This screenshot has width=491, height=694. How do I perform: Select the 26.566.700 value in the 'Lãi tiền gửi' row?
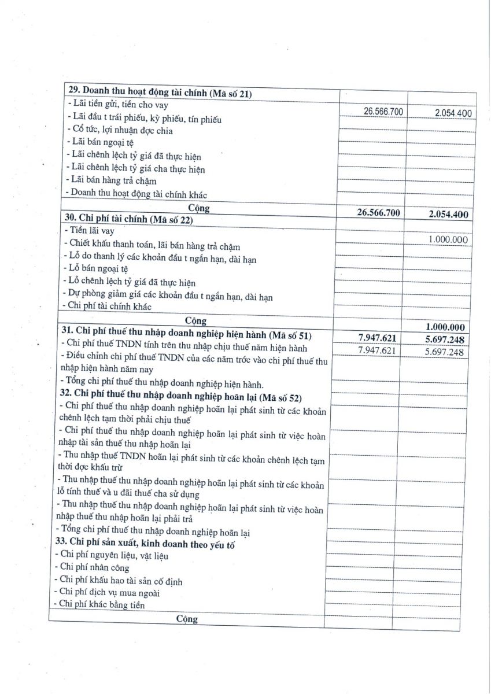coord(383,111)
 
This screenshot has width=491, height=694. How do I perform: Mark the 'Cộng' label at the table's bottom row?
coord(187,619)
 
